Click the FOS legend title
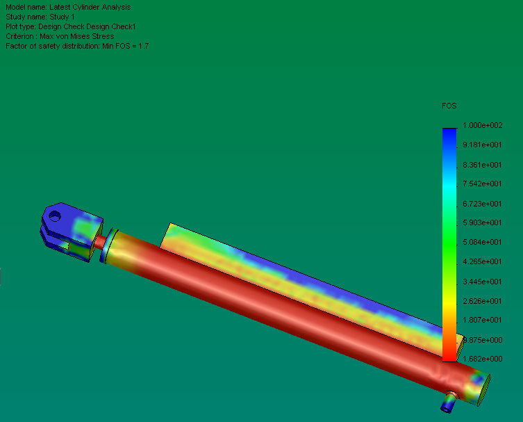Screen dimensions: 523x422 (449, 106)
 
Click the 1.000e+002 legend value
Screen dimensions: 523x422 (482, 125)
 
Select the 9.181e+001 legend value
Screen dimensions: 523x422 (482, 145)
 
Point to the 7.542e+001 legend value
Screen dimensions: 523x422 (482, 184)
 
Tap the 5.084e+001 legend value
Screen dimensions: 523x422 (482, 242)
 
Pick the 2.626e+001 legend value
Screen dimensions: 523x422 (482, 301)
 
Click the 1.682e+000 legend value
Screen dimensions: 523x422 (482, 359)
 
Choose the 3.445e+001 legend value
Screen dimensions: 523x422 (482, 282)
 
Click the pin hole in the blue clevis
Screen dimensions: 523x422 (55, 216)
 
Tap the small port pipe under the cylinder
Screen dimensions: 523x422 (449, 402)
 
